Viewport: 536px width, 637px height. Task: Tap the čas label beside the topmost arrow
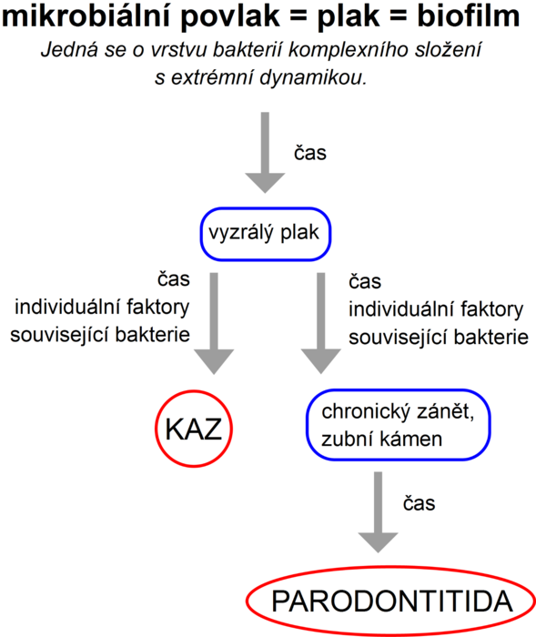coord(309,153)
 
